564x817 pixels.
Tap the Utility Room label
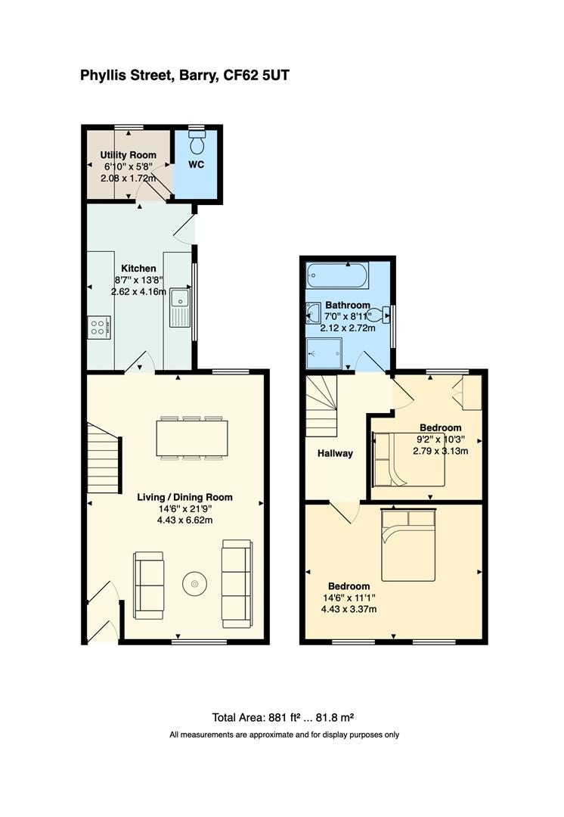[x=129, y=155]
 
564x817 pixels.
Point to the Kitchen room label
[x=139, y=269]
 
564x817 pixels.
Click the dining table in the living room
[x=192, y=437]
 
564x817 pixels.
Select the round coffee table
[x=196, y=583]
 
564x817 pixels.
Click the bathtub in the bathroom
[x=336, y=275]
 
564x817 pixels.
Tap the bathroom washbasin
[x=314, y=312]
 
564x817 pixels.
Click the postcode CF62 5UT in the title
[x=262, y=76]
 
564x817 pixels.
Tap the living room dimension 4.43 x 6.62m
[x=184, y=520]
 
